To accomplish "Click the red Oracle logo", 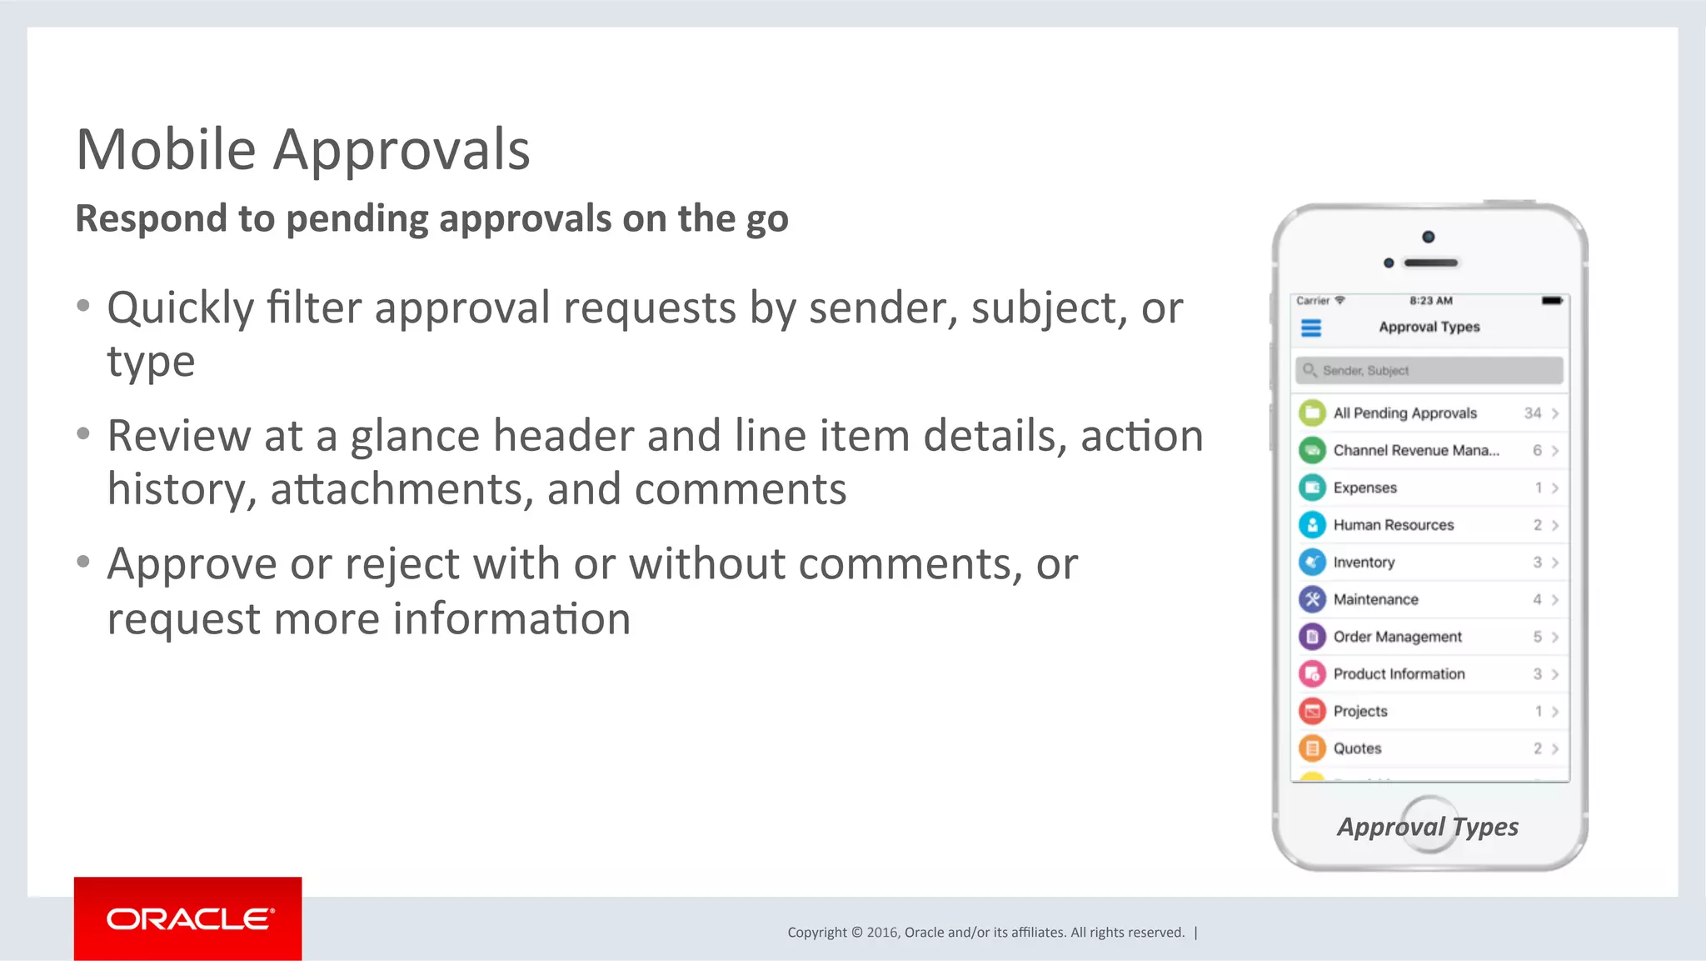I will [x=187, y=918].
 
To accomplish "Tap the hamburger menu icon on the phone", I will [x=1311, y=328].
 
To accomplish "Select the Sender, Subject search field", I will [x=1429, y=370].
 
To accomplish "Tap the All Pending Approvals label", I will [x=1404, y=413].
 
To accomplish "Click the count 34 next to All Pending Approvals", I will [x=1532, y=413].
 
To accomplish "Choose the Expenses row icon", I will [x=1312, y=488].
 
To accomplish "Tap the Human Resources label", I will [x=1393, y=525].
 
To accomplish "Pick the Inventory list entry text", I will [x=1364, y=563].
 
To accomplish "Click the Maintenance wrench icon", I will [x=1312, y=599].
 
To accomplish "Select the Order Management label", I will [x=1397, y=637].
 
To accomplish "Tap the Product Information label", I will [x=1399, y=674].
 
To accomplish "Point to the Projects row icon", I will [x=1312, y=711].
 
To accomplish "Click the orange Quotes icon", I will [x=1312, y=748].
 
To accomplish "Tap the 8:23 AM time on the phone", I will [x=1430, y=301].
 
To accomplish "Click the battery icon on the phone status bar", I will [x=1551, y=301].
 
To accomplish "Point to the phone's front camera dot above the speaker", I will [x=1428, y=237].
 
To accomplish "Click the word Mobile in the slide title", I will [x=166, y=150].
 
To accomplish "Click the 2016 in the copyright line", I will [x=881, y=933].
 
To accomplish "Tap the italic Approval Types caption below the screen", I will [x=1428, y=827].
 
